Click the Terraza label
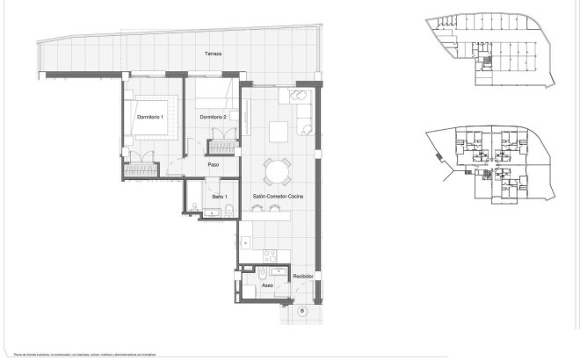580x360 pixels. point(214,54)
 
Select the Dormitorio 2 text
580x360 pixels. point(214,117)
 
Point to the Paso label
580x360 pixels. point(213,164)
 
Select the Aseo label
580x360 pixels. point(268,285)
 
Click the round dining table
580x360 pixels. point(278,169)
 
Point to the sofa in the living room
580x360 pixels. point(303,114)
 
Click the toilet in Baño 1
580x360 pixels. point(228,210)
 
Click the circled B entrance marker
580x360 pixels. point(301,311)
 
